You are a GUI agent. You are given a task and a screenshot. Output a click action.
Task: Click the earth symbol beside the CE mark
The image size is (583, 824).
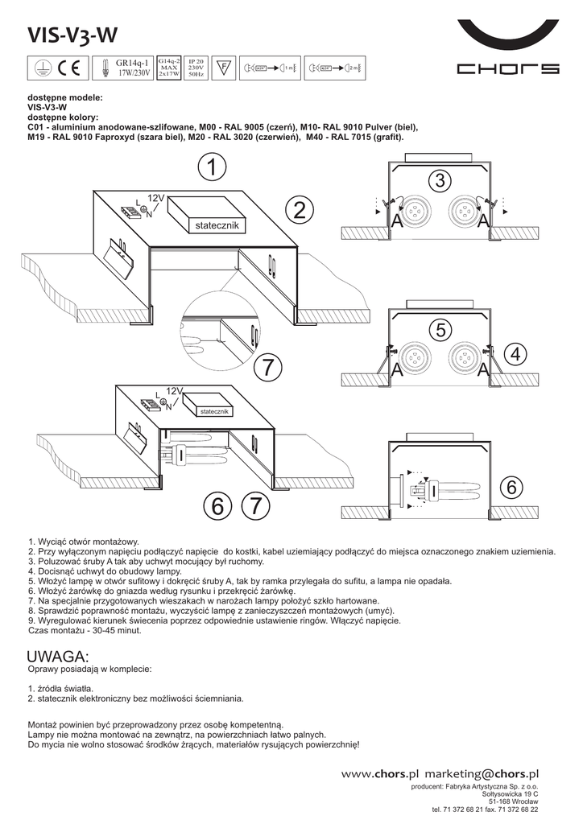pos(47,68)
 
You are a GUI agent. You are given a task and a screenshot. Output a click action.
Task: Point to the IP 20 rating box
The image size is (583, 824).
pos(196,61)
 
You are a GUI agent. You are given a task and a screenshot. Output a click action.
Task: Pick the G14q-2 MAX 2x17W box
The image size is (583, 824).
pos(168,67)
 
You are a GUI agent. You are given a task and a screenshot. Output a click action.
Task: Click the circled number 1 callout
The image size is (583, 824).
pos(210,168)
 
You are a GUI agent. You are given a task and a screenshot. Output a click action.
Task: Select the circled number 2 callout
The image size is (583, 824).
pos(300,212)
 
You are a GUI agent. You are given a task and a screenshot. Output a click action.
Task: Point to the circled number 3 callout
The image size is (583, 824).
pos(438,181)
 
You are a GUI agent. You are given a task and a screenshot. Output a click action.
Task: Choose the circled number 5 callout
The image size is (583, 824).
pos(438,330)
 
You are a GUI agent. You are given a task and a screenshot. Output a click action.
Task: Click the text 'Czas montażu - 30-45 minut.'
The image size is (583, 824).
pos(85,631)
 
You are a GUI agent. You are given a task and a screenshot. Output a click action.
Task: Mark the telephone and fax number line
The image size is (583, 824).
pos(485,810)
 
